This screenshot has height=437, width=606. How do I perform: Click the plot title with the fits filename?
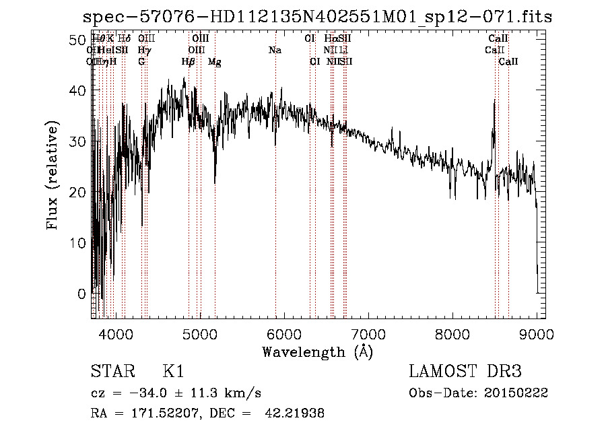point(316,17)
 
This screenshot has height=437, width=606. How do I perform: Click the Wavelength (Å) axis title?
point(317,351)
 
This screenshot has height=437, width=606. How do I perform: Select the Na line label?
point(275,51)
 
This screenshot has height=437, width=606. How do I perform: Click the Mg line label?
point(214,62)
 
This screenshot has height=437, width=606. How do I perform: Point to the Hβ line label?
point(189,62)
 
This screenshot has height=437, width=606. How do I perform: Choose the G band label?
point(141,62)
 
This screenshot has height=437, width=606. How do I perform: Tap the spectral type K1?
point(173,372)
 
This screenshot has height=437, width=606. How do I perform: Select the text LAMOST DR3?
point(465,372)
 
